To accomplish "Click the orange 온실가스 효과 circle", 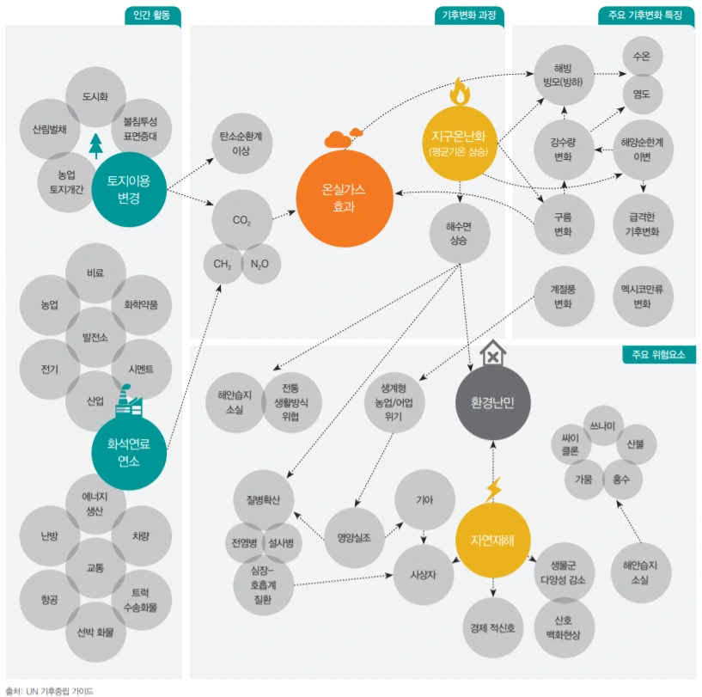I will point(344,198).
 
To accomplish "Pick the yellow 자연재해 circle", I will point(493,540).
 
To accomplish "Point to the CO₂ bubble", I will point(241,220).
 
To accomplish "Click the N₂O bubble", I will point(259,263).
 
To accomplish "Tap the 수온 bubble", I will point(641,56).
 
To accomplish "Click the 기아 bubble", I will point(424,499).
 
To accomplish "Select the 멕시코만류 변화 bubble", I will point(642,297).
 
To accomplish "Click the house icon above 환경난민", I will point(493,352).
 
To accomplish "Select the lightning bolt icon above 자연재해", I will point(493,489).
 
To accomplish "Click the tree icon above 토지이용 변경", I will point(95,145).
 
